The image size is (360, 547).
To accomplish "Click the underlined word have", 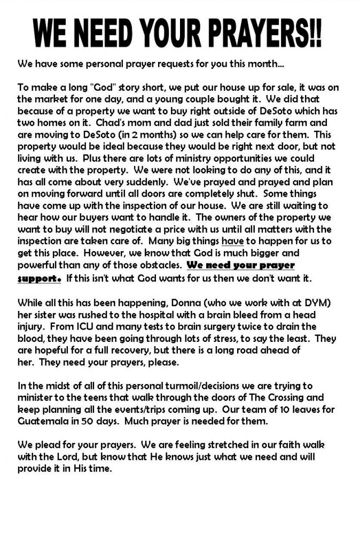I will tap(232, 241).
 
